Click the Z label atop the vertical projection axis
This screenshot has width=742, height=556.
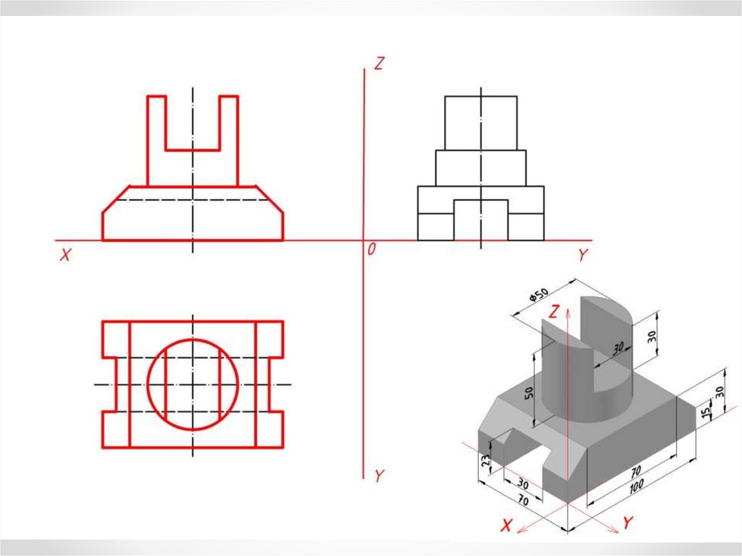pyautogui.click(x=379, y=64)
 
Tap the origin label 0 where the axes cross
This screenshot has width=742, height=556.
pyautogui.click(x=372, y=249)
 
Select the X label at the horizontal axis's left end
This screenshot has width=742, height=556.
pyautogui.click(x=65, y=254)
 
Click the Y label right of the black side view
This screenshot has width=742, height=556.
pyautogui.click(x=583, y=254)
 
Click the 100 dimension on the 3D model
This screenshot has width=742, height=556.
pyautogui.click(x=636, y=486)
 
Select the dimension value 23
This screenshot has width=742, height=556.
pyautogui.click(x=485, y=461)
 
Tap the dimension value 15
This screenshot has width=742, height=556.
pyautogui.click(x=706, y=412)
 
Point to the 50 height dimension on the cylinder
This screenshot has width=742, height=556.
pyautogui.click(x=528, y=393)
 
